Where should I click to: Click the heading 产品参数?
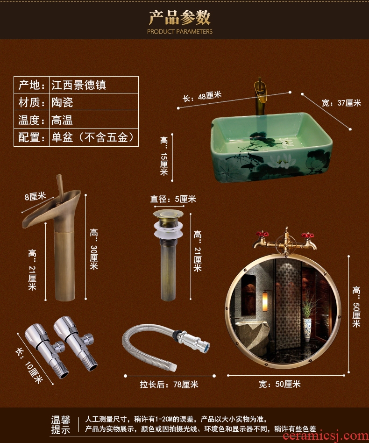[x=179, y=17]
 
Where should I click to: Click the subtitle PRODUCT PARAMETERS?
[x=179, y=32]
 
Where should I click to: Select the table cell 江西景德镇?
[x=78, y=85]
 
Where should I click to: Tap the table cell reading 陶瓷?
[x=62, y=102]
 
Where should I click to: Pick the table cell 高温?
[x=62, y=120]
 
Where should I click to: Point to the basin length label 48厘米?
[x=202, y=97]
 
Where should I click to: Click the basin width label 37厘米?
[x=341, y=103]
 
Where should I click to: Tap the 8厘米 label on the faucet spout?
[x=35, y=196]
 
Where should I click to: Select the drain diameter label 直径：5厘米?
[x=173, y=199]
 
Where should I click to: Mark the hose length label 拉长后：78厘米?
[x=169, y=384]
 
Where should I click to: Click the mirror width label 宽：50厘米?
[x=280, y=384]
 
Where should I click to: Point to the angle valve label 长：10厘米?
[x=29, y=365]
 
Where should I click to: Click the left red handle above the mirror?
[x=262, y=234]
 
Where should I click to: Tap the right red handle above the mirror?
[x=307, y=235]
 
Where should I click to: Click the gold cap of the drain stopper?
[x=168, y=214]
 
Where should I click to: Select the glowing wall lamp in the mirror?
[x=265, y=301]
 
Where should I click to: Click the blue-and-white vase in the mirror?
[x=307, y=329]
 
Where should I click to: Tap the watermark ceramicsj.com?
[x=326, y=436]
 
